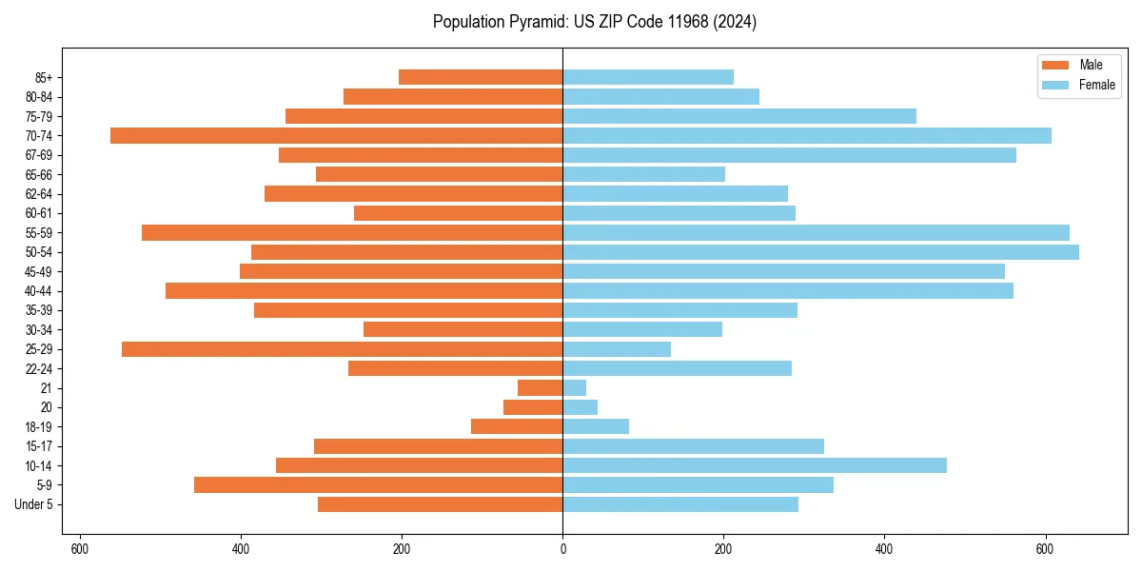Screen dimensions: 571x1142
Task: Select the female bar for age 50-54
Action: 820,252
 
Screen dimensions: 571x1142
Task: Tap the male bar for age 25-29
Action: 342,349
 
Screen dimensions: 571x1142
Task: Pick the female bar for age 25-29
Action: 617,349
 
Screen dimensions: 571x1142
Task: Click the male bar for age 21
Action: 540,388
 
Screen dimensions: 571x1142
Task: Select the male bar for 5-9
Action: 378,485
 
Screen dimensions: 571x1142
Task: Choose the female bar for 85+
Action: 648,77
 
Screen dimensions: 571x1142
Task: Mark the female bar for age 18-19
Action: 596,426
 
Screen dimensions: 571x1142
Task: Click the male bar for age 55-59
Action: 352,232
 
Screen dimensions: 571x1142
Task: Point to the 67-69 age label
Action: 39,155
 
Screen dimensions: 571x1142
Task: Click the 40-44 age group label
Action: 39,291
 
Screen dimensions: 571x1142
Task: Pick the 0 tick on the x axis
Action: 562,548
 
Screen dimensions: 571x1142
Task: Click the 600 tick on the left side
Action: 80,548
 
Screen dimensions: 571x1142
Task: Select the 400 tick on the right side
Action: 884,548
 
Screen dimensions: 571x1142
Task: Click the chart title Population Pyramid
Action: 594,22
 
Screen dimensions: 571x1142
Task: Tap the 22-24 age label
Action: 39,368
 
